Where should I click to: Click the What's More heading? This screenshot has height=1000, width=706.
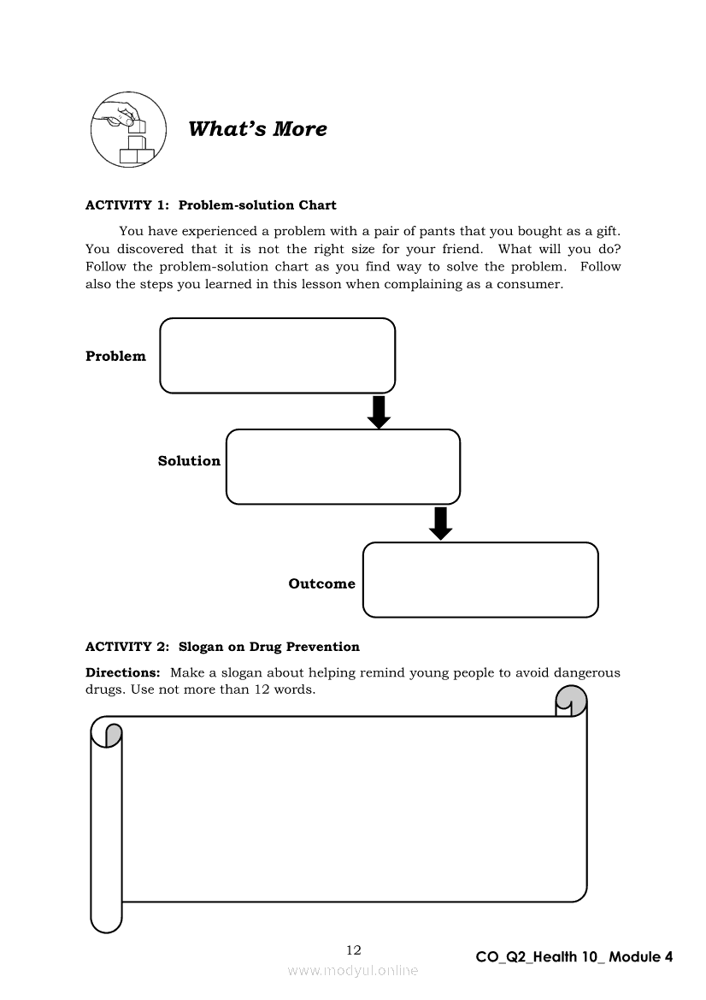click(257, 129)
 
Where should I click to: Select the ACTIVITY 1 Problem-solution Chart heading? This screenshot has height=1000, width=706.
click(211, 205)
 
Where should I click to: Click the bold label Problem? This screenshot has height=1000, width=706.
click(115, 357)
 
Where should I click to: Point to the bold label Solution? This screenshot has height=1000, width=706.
click(189, 461)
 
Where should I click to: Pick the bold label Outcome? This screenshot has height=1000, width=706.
click(321, 584)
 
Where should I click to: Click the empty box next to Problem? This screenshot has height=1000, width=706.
click(277, 356)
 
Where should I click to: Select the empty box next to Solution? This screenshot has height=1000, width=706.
click(343, 467)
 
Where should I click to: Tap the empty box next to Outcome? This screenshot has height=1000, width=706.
click(480, 580)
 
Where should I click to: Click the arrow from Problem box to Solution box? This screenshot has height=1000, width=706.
click(379, 411)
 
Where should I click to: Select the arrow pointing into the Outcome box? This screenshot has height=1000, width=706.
click(440, 524)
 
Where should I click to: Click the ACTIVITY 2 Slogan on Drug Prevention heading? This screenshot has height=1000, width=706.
click(222, 647)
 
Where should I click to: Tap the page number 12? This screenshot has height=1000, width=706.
click(353, 950)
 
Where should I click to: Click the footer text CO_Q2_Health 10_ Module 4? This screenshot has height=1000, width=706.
click(574, 957)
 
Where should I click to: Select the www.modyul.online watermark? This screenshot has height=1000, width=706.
click(353, 971)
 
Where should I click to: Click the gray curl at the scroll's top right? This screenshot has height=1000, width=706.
click(572, 702)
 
